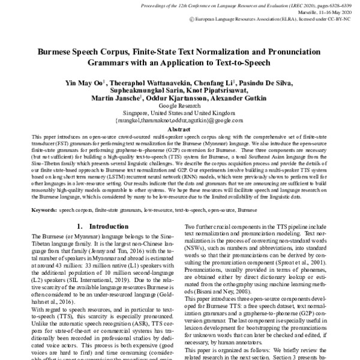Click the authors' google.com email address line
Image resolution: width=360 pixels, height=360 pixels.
click(179, 120)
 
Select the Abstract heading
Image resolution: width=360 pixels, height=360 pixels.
click(179, 128)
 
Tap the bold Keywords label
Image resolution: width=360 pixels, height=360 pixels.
click(44, 211)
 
